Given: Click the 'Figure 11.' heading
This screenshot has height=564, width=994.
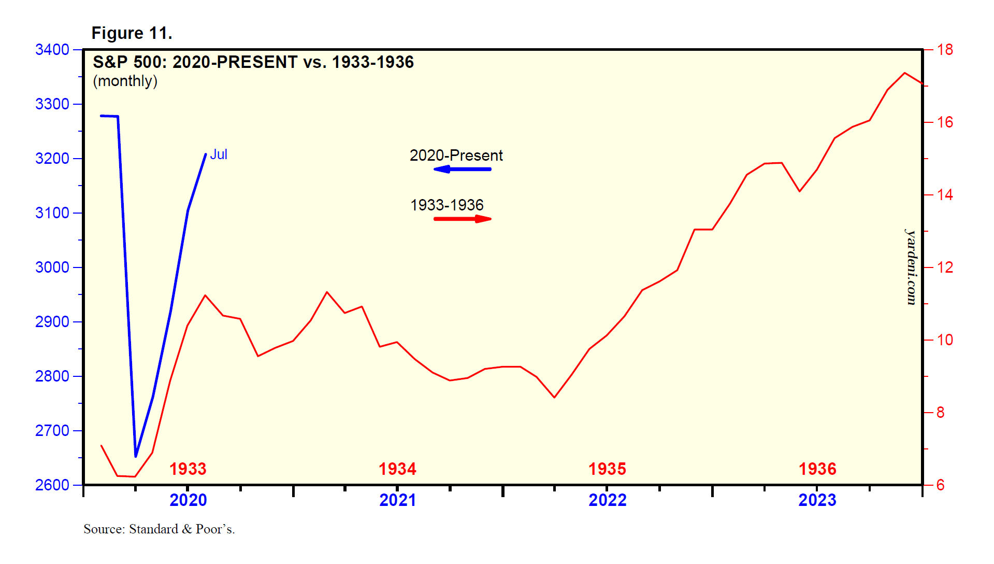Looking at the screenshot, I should [132, 33].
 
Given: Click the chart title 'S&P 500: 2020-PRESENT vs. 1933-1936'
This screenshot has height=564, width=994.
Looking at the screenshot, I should [253, 62].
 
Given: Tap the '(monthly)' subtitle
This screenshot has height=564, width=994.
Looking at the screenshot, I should [125, 81].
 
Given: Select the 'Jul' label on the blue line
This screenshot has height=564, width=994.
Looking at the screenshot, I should [219, 154].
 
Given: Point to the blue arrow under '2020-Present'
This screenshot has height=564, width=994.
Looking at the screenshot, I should [462, 169].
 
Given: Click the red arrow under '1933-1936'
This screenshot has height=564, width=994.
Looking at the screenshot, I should [463, 219].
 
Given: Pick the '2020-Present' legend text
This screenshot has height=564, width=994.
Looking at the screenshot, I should [456, 156].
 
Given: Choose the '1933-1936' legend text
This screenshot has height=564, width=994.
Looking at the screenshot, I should [446, 205].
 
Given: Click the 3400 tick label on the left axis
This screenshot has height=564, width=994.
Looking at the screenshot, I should [52, 50].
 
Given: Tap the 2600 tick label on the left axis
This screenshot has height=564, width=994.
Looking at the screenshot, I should [52, 485].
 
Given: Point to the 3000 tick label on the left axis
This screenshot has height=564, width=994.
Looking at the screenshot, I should [52, 267].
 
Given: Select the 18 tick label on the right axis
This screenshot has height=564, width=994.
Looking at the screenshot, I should [945, 50].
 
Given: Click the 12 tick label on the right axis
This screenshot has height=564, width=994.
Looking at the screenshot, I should [945, 267].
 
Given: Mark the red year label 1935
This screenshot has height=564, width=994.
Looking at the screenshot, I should [607, 469].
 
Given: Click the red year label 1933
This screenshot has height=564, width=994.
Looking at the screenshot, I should [188, 469].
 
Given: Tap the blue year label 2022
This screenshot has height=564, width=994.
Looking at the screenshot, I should [607, 500].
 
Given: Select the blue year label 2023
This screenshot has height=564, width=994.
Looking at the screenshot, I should [817, 500].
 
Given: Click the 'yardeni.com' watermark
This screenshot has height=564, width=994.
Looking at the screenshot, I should [911, 267].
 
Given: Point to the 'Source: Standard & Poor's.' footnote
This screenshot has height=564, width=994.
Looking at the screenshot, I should [159, 529].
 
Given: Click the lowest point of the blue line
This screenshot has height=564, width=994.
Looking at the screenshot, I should [136, 456].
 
